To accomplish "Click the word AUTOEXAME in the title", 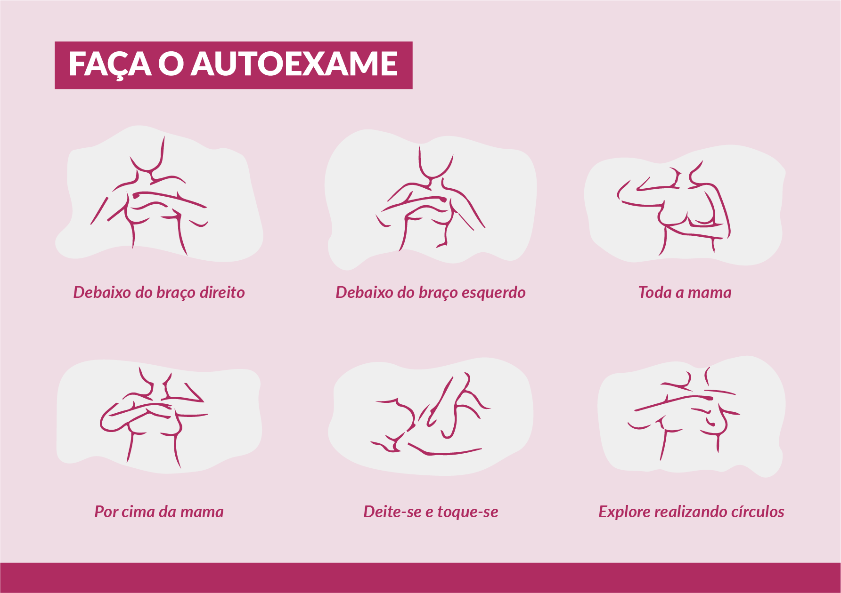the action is point(294,64).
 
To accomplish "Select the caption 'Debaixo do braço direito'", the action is point(159,293).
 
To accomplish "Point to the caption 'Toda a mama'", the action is point(685,292).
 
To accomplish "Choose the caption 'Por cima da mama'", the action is point(159,512).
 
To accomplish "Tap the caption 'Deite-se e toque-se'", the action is point(431,512).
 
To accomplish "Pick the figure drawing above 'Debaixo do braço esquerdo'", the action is point(430,198).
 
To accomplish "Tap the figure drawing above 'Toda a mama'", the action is point(674,207).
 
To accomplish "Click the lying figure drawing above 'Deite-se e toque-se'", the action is point(431,414).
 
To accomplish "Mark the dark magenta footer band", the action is point(420,577).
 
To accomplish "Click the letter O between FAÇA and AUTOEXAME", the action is point(170,64).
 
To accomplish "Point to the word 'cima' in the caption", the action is point(134,512).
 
